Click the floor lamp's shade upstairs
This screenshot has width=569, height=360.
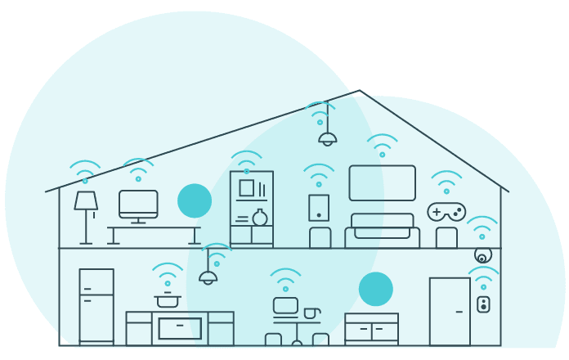click(86, 200)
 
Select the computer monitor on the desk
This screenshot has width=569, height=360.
click(138, 203)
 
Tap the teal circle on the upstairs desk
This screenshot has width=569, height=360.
click(195, 200)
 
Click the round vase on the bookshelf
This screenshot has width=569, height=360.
click(260, 218)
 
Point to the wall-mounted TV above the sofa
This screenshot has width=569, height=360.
click(382, 182)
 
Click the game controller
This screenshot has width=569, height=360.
click(446, 212)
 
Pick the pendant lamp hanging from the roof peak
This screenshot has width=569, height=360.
click(327, 138)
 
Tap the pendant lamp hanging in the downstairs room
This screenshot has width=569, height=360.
click(208, 277)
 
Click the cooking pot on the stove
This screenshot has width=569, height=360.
click(168, 300)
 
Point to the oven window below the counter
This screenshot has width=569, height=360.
click(180, 328)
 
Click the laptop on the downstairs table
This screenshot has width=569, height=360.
click(285, 306)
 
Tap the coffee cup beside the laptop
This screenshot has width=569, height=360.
click(311, 313)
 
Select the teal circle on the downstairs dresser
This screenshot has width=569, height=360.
click(376, 289)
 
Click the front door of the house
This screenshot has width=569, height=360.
click(450, 311)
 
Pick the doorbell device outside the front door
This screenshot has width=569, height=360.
click(483, 304)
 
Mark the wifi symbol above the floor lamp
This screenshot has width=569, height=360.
click(85, 172)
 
